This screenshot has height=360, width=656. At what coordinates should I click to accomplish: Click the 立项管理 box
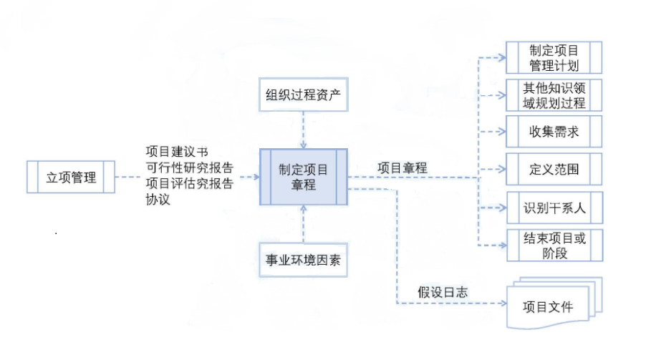[x=71, y=177]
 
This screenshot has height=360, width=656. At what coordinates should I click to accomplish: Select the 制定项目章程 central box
[x=304, y=177]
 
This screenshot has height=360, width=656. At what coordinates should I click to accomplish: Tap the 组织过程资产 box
[x=304, y=95]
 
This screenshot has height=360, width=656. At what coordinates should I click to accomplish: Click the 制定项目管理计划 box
[x=554, y=58]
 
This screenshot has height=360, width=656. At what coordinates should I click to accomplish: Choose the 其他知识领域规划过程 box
[x=554, y=95]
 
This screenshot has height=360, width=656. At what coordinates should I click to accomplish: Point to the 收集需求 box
[x=554, y=132]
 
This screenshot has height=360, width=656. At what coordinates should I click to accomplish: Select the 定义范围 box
[x=554, y=170]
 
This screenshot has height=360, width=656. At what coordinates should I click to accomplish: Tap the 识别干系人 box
[x=554, y=208]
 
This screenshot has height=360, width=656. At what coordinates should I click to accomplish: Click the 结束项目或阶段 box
[x=554, y=245]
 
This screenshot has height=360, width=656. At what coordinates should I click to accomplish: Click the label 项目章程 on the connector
[x=402, y=167]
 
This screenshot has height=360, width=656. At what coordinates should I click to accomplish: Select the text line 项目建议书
[x=177, y=152]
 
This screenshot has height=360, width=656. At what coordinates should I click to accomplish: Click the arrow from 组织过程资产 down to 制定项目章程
[x=304, y=130]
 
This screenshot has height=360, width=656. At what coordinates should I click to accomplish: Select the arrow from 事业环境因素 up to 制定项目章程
[x=304, y=224]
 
